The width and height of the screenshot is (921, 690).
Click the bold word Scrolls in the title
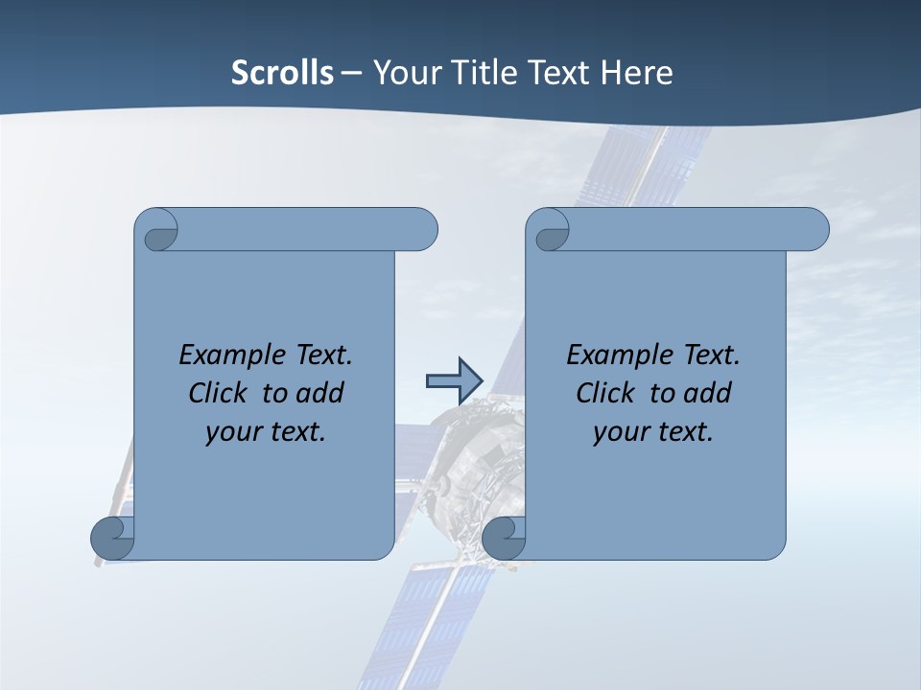tap(282, 73)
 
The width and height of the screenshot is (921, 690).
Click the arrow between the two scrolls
tap(453, 380)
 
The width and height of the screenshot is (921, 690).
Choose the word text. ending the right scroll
tap(685, 431)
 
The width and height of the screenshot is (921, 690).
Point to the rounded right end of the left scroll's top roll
tap(422, 230)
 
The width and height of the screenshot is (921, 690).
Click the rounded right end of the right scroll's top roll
tap(814, 230)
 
